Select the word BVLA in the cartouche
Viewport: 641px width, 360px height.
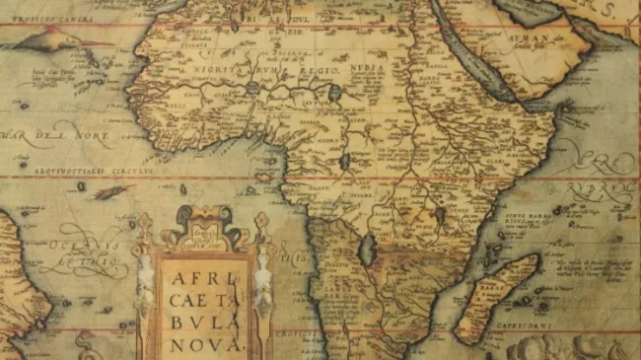[x=203, y=323]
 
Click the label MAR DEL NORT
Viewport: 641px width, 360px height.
[x=54, y=133]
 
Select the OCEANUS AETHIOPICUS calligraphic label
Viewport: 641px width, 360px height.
[x=84, y=251]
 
